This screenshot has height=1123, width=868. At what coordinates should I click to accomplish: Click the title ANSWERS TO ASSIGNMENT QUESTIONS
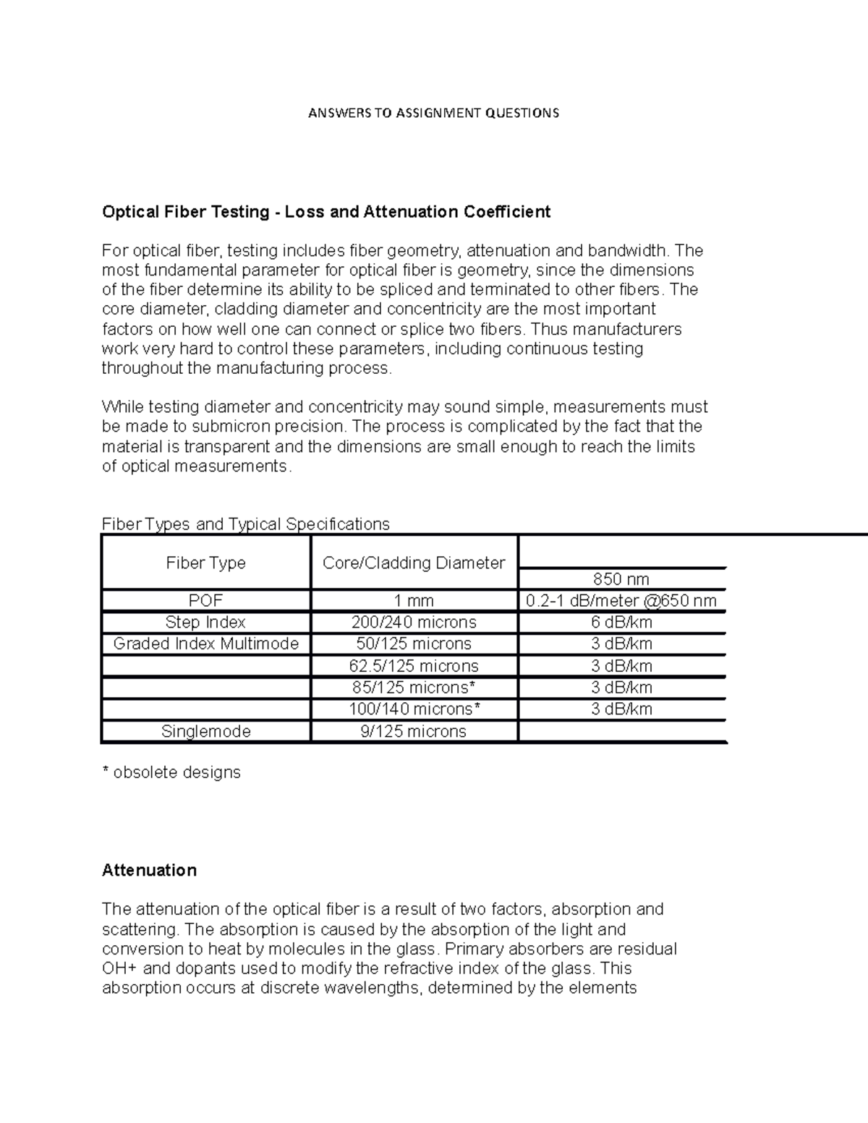(433, 113)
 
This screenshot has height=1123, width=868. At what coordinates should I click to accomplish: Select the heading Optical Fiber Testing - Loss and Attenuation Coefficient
(326, 212)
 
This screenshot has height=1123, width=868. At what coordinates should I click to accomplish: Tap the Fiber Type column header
(206, 563)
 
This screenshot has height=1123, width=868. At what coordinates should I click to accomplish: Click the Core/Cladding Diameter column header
(414, 563)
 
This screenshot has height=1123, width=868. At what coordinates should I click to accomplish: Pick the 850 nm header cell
(621, 579)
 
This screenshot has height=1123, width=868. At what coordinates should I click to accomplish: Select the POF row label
(206, 601)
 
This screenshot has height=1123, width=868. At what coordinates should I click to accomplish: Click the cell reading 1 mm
(414, 601)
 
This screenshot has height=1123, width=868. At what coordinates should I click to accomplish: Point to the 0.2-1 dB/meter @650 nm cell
(621, 601)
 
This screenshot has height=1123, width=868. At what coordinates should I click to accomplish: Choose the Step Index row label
(206, 623)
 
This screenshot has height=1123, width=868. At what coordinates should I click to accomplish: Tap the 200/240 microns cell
(414, 623)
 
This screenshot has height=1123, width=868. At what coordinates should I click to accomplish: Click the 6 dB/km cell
(621, 623)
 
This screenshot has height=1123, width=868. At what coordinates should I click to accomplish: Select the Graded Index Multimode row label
(206, 644)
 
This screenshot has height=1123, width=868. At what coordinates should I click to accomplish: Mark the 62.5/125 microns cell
(414, 666)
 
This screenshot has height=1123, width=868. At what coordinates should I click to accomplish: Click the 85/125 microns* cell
(414, 688)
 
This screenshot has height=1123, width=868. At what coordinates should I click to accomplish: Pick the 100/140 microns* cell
(414, 709)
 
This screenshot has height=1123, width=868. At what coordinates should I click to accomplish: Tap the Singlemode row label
(206, 732)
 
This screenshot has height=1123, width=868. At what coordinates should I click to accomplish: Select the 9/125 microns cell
(414, 732)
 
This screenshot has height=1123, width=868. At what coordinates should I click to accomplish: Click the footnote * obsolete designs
(171, 773)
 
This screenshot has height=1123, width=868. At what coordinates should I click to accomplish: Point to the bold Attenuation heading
(149, 871)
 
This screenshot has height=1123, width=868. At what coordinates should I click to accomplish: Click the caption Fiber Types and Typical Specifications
(246, 524)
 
